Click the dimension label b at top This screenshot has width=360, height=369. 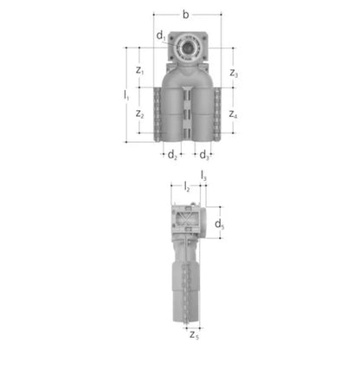point(186,15)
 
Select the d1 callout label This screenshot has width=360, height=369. point(161,36)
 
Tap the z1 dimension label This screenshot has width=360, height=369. point(140,70)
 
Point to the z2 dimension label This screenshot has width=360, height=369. point(140,114)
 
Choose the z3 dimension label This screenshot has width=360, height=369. point(234,73)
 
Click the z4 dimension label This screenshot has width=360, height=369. point(233,114)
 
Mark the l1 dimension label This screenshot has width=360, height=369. point(126,95)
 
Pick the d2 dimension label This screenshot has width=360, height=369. point(172,155)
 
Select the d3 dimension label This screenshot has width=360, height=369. point(204,155)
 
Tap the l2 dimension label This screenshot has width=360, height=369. point(187,187)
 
